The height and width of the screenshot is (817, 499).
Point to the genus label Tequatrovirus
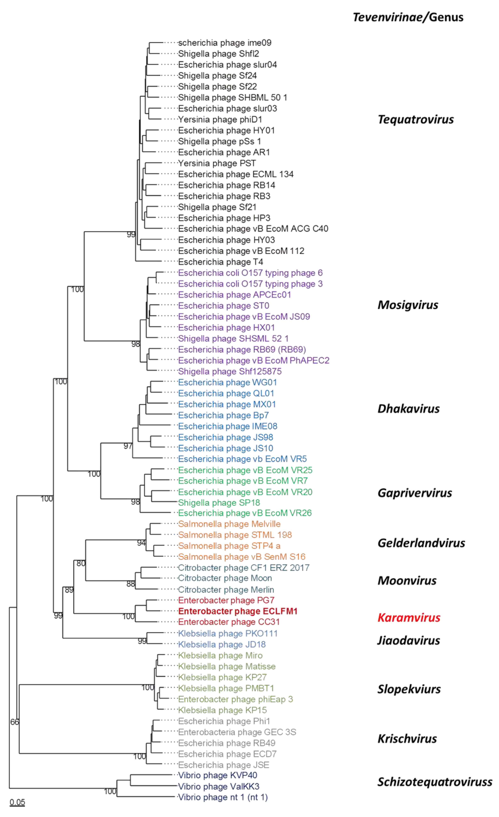point(416,119)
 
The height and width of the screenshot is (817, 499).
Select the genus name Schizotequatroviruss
point(435,782)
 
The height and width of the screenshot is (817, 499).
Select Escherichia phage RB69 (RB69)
point(242,349)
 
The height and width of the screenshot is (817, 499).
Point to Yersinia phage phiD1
point(220,119)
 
